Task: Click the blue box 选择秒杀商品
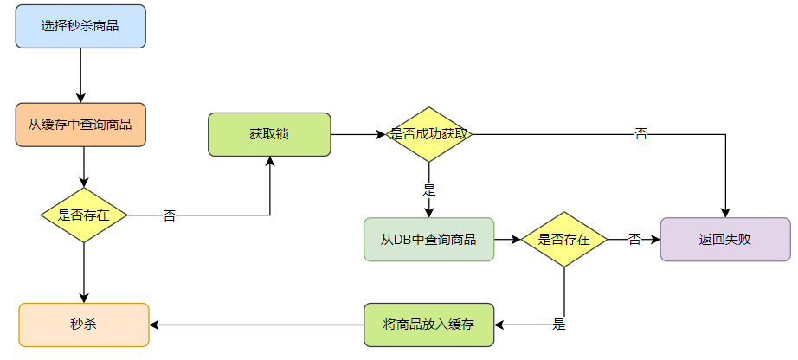[x=80, y=26]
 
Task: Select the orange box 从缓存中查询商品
[x=80, y=125]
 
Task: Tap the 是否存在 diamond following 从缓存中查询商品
[x=84, y=215]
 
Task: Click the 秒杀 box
[x=84, y=325]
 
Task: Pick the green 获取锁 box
[x=269, y=134]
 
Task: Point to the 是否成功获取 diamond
[x=428, y=134]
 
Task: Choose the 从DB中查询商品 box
[x=428, y=239]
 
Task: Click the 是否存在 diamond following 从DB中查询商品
[x=564, y=239]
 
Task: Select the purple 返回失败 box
[x=725, y=239]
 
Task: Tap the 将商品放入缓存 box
[x=428, y=325]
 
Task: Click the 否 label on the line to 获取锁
[x=170, y=215]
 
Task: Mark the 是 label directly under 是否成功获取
[x=428, y=190]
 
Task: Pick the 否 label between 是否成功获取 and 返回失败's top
[x=640, y=134]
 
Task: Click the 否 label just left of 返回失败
[x=634, y=239]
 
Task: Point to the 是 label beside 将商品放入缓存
[x=558, y=325]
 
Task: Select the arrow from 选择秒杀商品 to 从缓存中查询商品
[x=80, y=75]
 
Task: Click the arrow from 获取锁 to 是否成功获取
[x=357, y=134]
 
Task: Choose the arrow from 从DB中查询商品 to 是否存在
[x=506, y=239]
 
